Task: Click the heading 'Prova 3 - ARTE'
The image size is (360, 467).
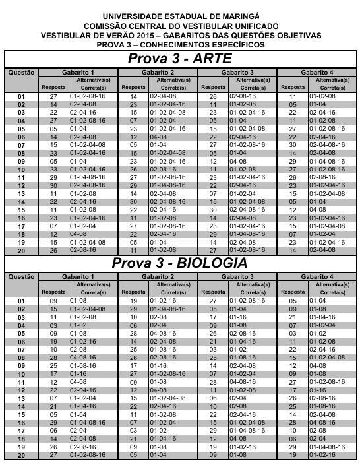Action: point(179,59)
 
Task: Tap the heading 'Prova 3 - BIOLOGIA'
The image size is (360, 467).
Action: point(179,263)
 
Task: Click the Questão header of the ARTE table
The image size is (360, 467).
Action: point(20,71)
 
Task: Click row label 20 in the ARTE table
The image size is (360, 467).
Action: point(20,251)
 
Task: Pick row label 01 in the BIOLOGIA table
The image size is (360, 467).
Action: point(20,300)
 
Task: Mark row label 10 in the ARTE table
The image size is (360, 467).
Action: point(20,170)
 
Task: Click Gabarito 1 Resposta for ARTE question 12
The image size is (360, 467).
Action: point(54,185)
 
